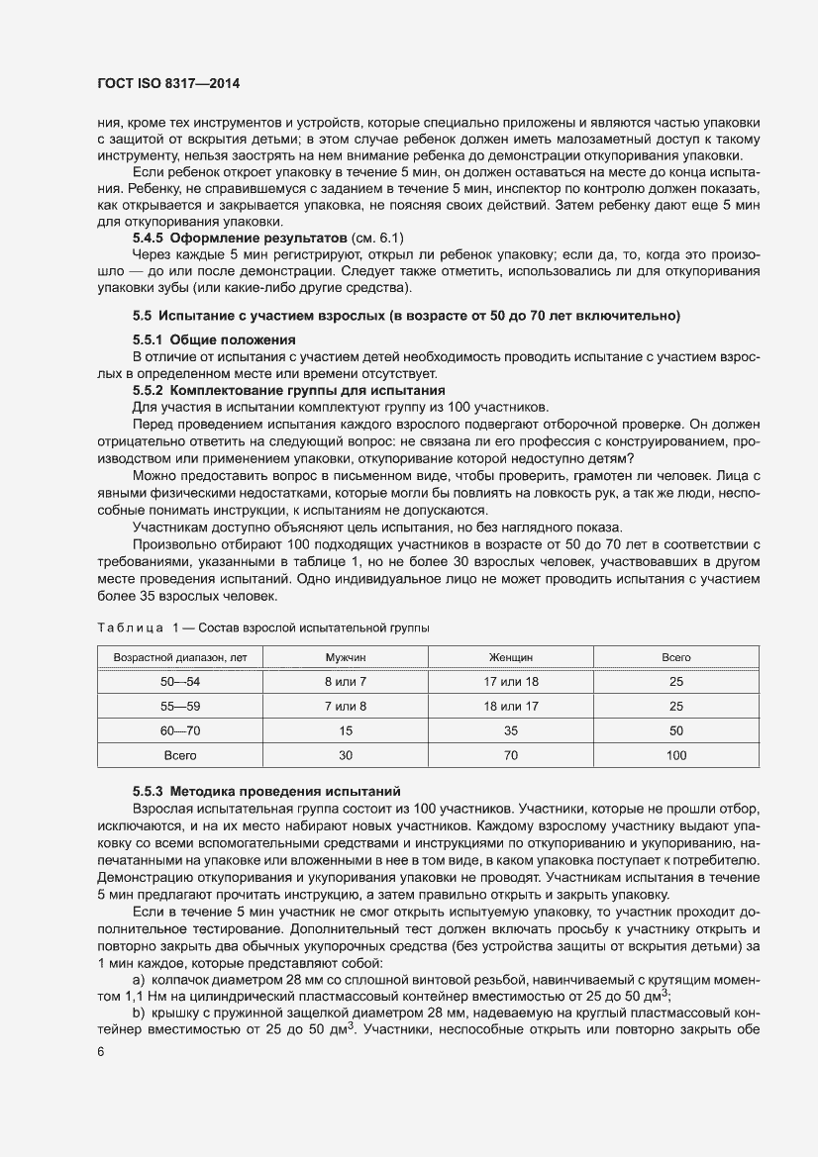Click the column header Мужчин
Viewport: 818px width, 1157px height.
pyautogui.click(x=346, y=657)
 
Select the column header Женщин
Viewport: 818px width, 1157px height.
pyautogui.click(x=511, y=657)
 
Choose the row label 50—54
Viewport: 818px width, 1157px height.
pyautogui.click(x=180, y=682)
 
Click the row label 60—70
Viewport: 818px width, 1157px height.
pyautogui.click(x=180, y=730)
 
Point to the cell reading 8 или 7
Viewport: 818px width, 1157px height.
pyautogui.click(x=346, y=682)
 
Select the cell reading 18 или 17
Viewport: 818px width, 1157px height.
pyautogui.click(x=511, y=707)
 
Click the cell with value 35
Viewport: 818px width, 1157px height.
pyautogui.click(x=511, y=730)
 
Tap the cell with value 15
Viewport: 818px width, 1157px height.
pyautogui.click(x=346, y=730)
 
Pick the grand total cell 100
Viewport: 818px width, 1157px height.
pyautogui.click(x=676, y=755)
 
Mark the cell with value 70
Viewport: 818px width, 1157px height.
pyautogui.click(x=511, y=755)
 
